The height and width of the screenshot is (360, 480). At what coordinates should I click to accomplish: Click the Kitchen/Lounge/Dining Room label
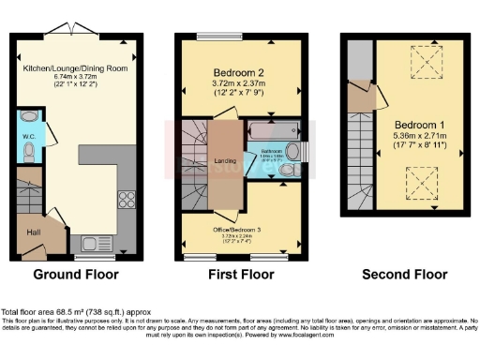(76, 68)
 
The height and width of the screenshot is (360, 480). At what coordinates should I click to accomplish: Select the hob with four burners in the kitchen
(126, 199)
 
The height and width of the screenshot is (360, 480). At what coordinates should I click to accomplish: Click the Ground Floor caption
(76, 276)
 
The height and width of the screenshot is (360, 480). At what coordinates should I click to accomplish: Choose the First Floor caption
(240, 276)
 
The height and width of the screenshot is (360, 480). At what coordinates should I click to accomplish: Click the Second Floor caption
(405, 276)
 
